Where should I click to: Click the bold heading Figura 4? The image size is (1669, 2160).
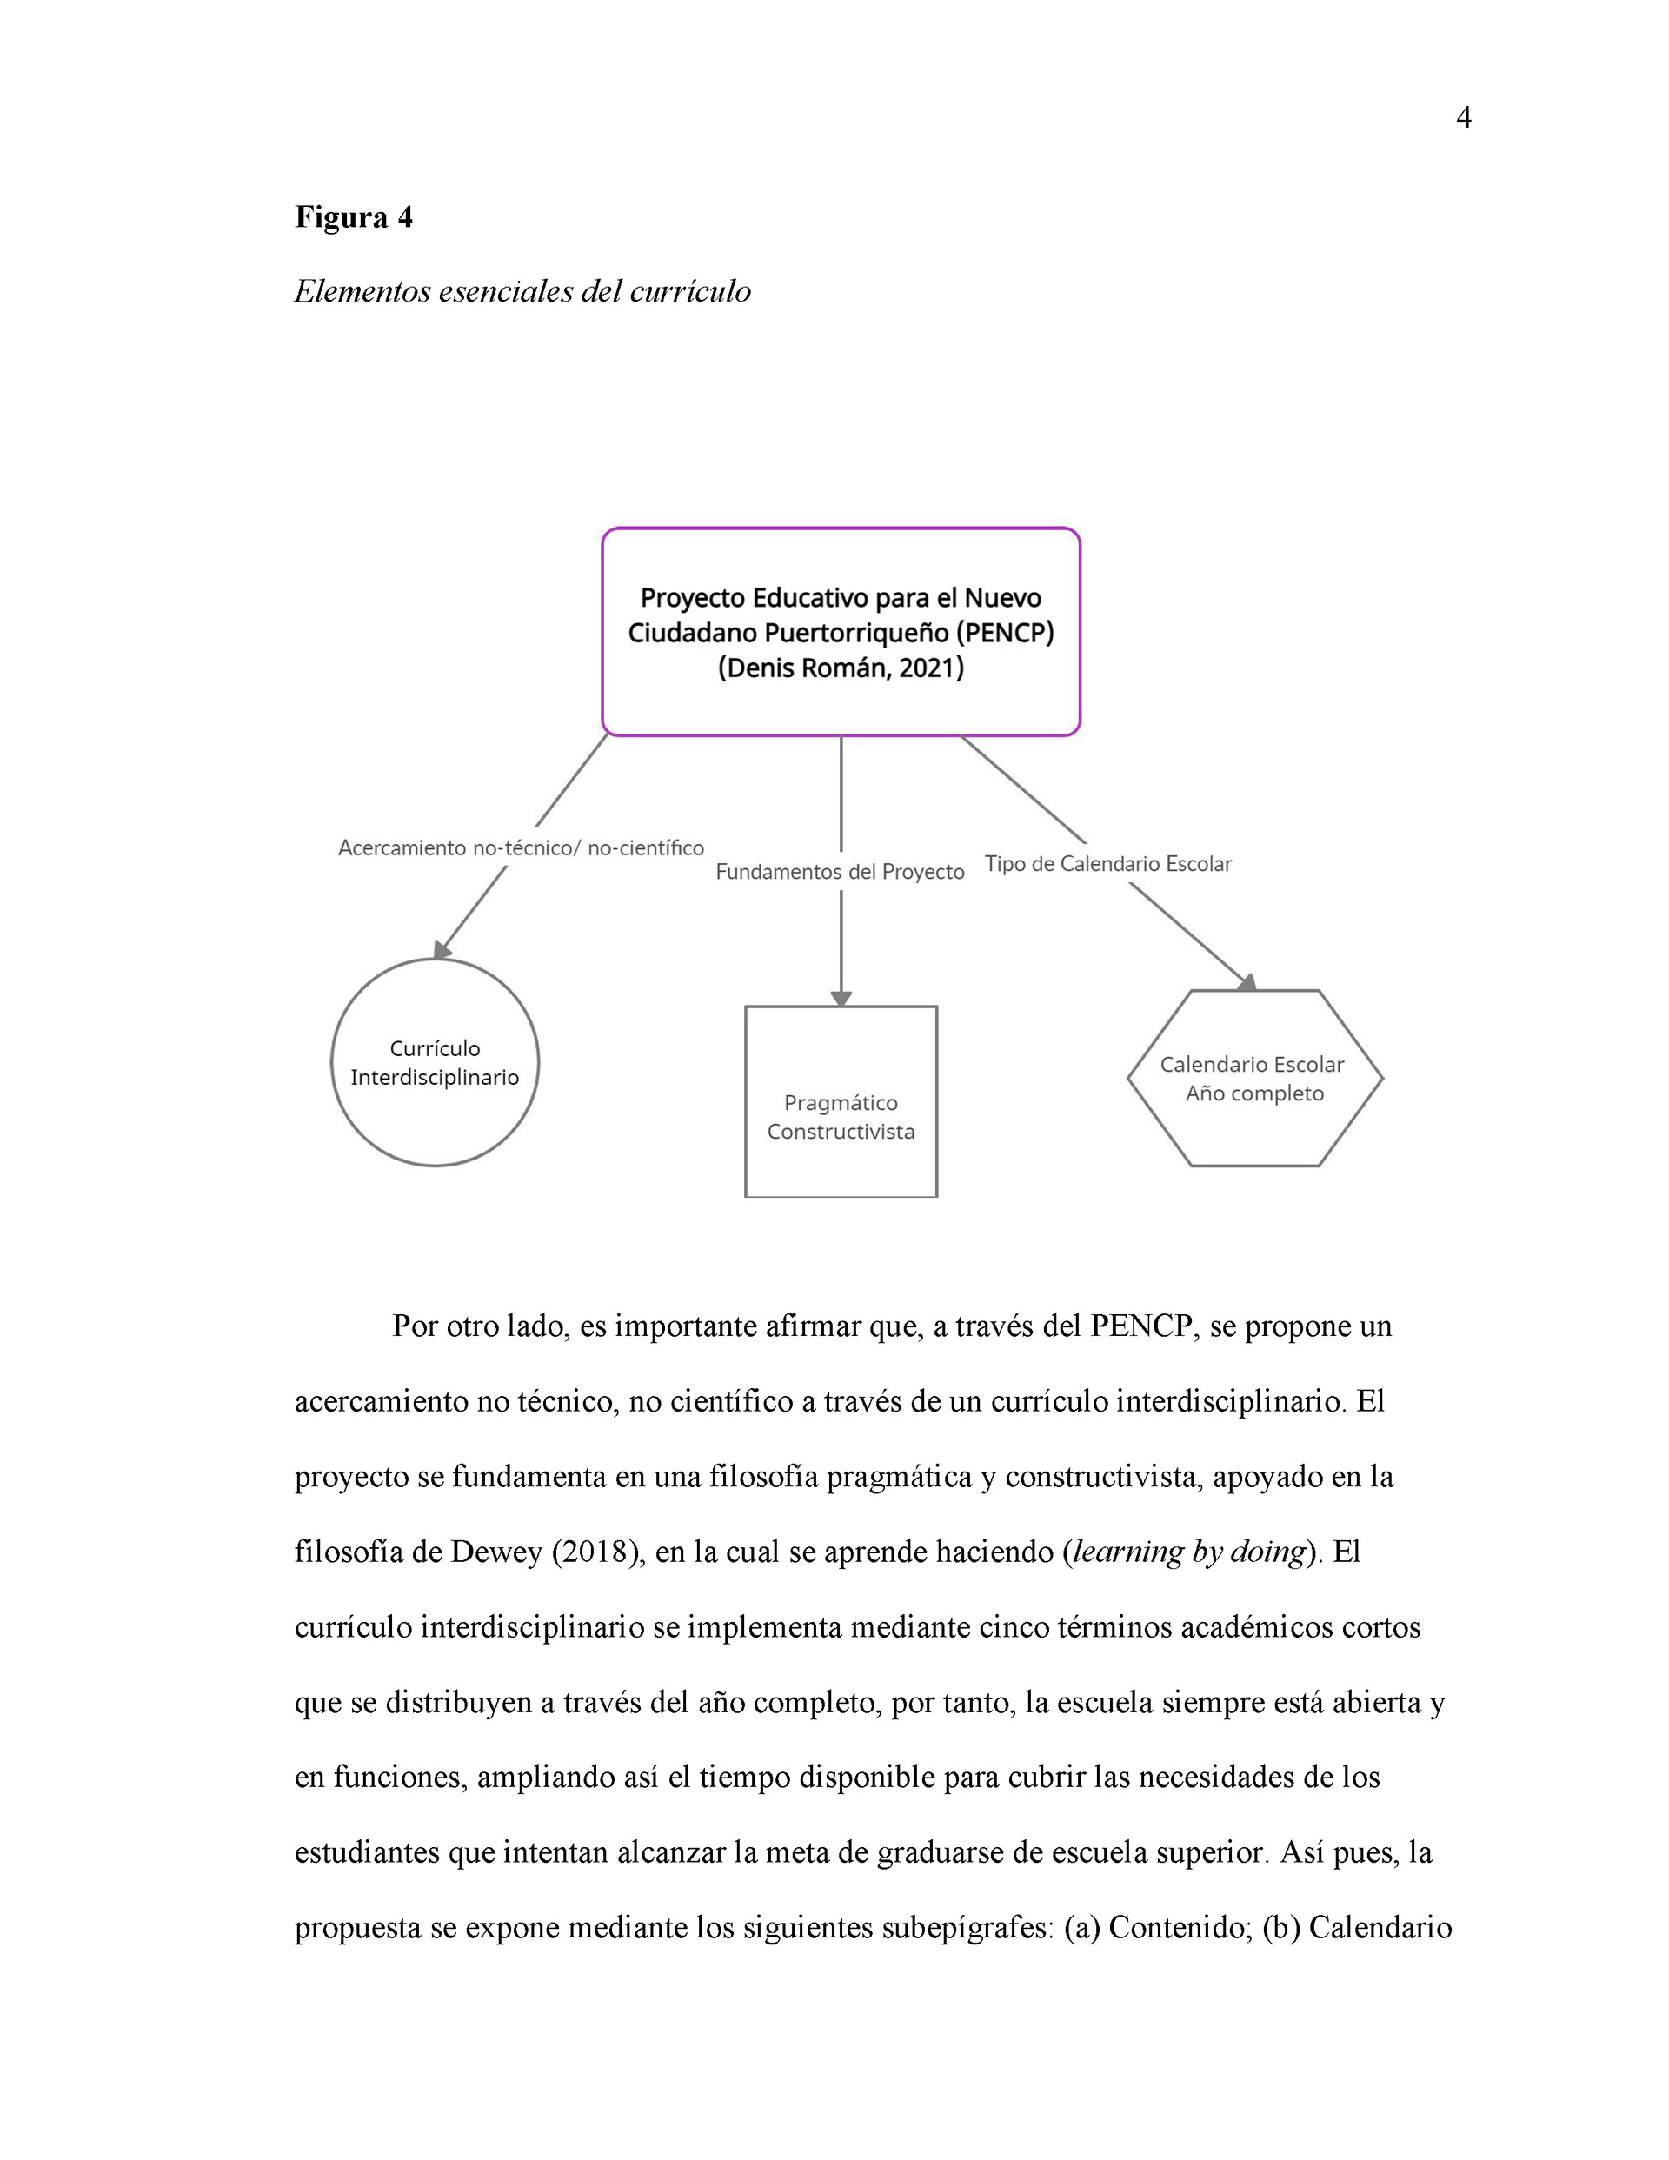[x=353, y=216]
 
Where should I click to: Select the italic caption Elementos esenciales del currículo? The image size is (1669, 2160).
[x=522, y=292]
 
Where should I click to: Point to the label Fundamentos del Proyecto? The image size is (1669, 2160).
[x=840, y=871]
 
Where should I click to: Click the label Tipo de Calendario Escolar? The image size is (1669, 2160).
[x=1108, y=863]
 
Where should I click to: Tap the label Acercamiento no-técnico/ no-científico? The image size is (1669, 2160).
[x=521, y=847]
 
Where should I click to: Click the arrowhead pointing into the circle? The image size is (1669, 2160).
[x=442, y=949]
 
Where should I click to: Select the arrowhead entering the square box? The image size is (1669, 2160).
[x=841, y=998]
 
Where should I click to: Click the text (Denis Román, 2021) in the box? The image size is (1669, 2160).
[x=841, y=668]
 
